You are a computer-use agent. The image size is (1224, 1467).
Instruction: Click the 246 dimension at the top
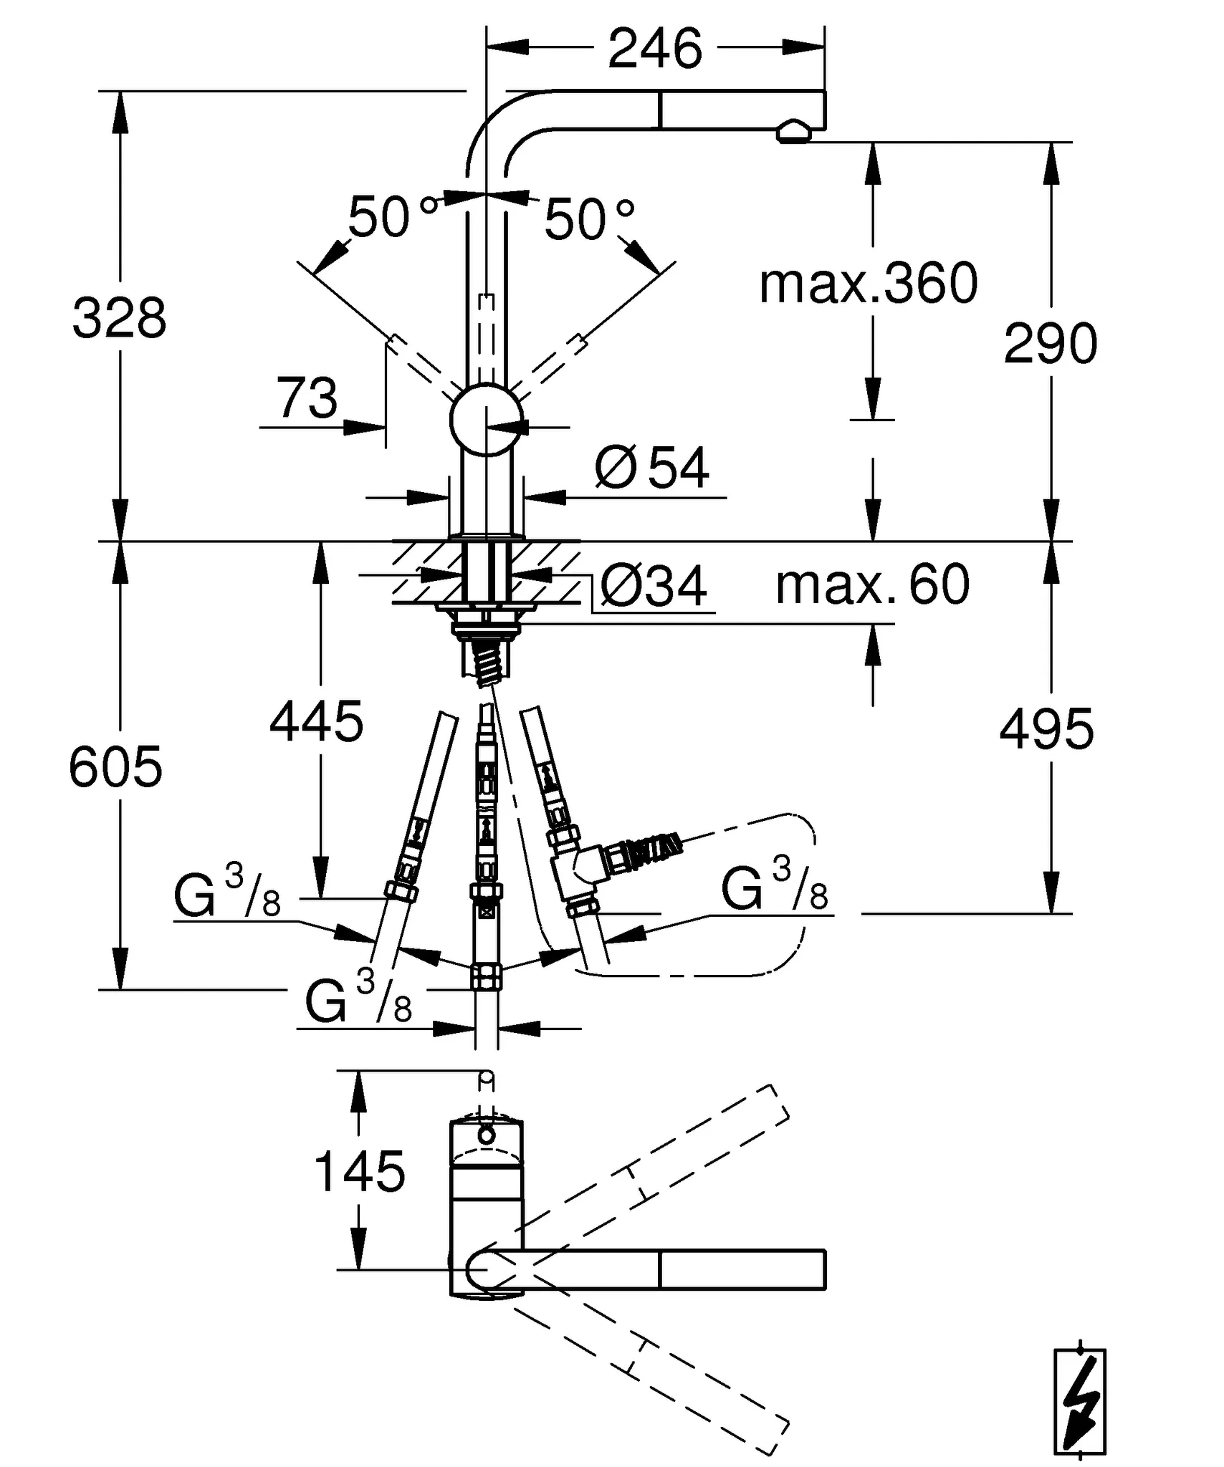(655, 49)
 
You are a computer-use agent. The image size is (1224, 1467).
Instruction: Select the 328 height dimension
(119, 317)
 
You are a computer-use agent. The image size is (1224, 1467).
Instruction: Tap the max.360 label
(868, 283)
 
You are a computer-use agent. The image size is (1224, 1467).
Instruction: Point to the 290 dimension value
(1050, 344)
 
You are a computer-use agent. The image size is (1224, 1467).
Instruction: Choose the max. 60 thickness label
(872, 585)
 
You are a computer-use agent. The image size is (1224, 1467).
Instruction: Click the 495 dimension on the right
(1046, 729)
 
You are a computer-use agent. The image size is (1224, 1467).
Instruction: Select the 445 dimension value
(316, 721)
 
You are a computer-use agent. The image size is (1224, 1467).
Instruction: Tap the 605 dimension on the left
(115, 766)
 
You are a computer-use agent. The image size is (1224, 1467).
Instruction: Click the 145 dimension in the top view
(359, 1173)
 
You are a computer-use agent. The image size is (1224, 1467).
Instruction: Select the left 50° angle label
(391, 216)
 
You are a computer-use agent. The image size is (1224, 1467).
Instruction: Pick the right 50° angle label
(589, 219)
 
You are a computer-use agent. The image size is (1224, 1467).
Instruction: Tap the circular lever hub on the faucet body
(486, 420)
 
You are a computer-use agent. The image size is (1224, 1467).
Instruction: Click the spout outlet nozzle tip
(793, 133)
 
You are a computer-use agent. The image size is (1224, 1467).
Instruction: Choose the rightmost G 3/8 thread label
(775, 889)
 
